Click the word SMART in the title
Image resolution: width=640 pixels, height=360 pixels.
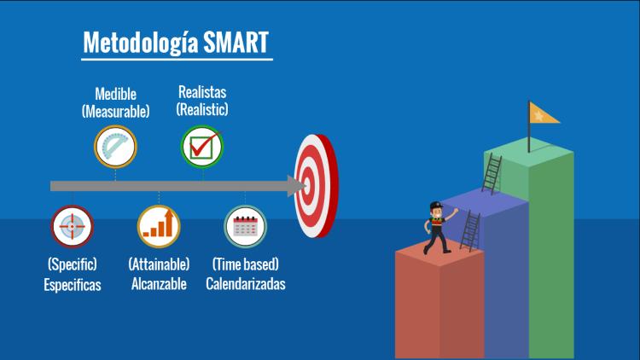236,42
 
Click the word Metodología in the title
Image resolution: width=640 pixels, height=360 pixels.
141,44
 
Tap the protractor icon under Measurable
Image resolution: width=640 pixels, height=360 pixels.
115,147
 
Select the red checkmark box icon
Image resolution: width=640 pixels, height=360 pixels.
202,147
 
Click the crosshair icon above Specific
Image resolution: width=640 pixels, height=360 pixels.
73,227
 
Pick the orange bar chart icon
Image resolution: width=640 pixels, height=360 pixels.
159,227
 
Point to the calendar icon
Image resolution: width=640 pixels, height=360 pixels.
245,227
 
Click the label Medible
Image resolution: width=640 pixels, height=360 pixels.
115,94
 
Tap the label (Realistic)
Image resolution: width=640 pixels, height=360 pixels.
202,109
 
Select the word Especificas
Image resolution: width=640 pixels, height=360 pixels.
73,285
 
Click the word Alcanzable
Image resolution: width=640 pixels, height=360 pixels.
159,284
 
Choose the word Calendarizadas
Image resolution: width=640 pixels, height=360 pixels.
245,284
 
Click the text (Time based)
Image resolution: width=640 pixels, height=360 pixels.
245,264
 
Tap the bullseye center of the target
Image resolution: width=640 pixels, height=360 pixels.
306,186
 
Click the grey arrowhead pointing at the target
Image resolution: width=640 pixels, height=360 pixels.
296,186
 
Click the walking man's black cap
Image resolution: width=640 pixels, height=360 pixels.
436,205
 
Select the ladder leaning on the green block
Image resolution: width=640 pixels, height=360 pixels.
492,173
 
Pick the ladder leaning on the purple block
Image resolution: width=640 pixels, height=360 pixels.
470,230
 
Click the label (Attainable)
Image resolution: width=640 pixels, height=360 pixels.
159,264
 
